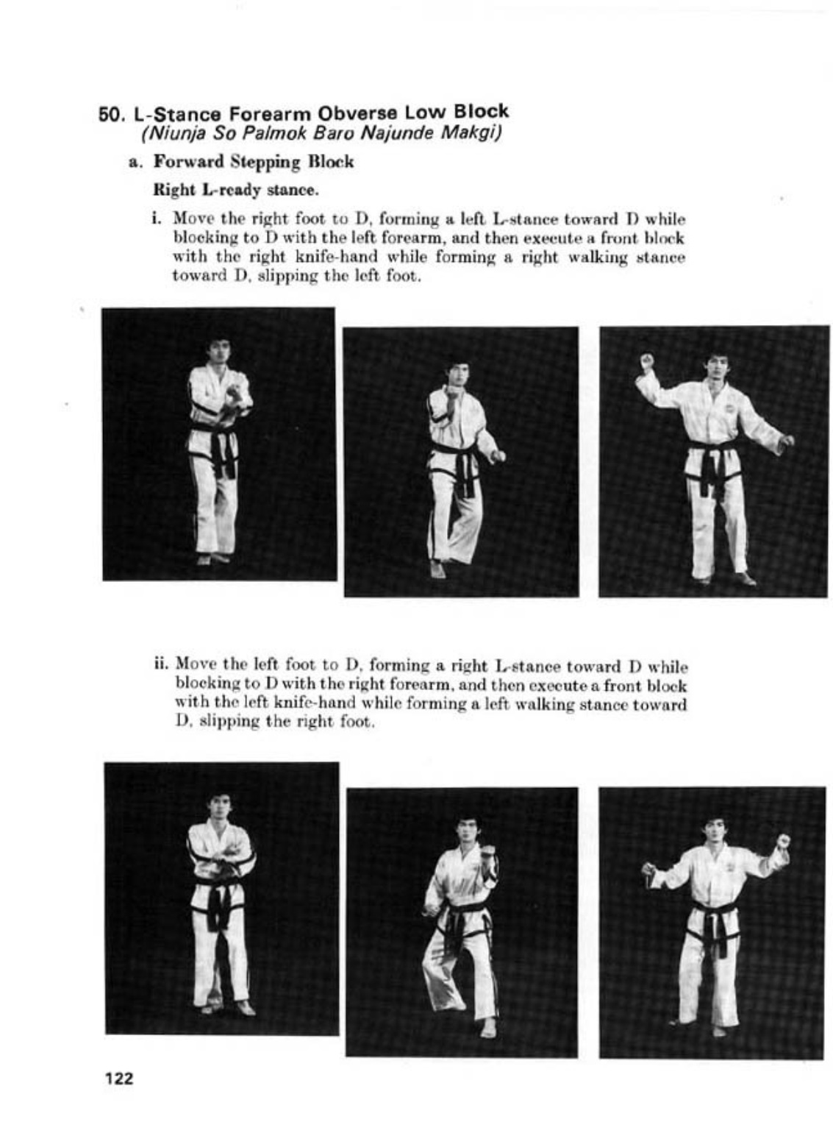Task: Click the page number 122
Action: click(118, 1079)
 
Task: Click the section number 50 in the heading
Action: click(109, 115)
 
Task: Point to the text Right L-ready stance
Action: click(235, 190)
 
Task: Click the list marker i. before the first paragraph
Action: click(157, 219)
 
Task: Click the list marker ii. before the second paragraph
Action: click(162, 666)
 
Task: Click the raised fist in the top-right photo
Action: click(646, 361)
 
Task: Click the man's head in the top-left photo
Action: click(218, 351)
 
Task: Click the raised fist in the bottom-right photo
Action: click(783, 840)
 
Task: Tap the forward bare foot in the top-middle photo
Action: click(437, 569)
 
